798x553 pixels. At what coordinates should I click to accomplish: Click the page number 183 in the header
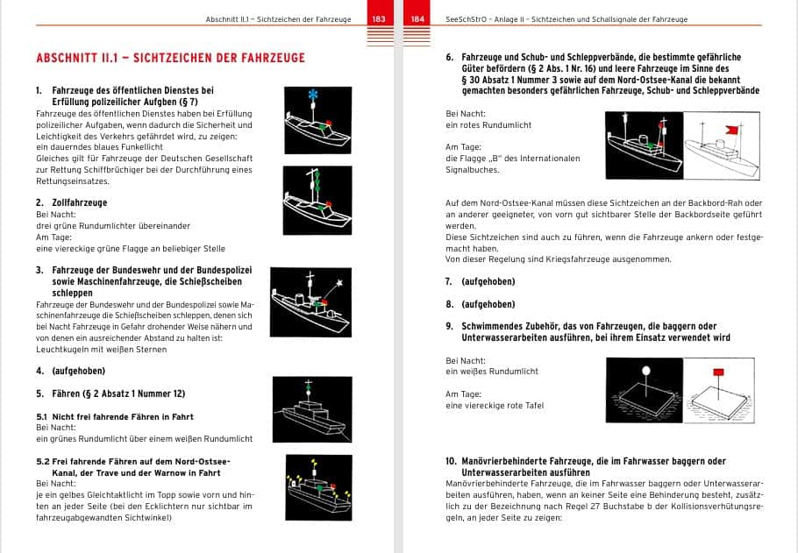pyautogui.click(x=379, y=18)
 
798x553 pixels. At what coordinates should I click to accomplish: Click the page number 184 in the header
pyautogui.click(x=417, y=18)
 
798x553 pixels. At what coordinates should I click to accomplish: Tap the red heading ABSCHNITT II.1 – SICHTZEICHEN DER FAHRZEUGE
pyautogui.click(x=170, y=58)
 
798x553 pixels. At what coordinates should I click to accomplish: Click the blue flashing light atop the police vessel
pyautogui.click(x=312, y=94)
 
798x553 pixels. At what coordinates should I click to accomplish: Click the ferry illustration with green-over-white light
pyautogui.click(x=307, y=406)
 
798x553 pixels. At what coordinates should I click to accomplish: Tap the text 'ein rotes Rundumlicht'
pyautogui.click(x=488, y=125)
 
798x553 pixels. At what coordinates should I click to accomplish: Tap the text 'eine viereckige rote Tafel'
pyautogui.click(x=495, y=406)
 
